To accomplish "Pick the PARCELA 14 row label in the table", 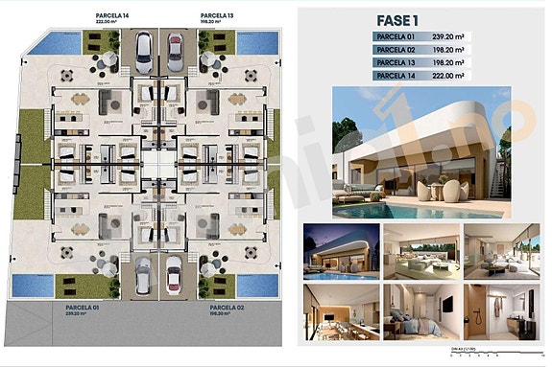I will tap(397, 75).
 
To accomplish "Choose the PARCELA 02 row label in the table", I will tap(397, 49).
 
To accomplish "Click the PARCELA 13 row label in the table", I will tap(397, 61).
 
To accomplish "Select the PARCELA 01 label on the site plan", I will tap(71, 279).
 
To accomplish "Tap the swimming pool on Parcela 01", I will tap(34, 284).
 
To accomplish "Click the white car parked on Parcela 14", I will tap(143, 47).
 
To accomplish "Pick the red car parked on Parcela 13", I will tap(176, 47).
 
